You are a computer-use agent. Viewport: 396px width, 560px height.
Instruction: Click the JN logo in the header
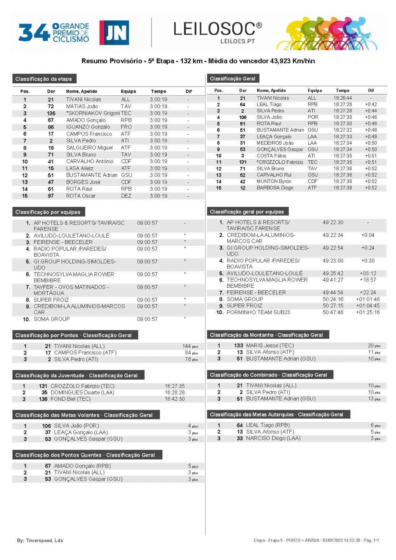click(114, 33)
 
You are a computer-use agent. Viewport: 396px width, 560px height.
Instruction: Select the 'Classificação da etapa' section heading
click(44, 79)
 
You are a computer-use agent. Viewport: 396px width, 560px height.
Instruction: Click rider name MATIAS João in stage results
click(82, 106)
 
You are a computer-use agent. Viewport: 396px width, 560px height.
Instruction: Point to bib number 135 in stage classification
click(51, 113)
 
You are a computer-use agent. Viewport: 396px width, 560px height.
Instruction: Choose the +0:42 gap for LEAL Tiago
click(370, 104)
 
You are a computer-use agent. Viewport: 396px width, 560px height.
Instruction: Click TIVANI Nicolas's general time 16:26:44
click(342, 98)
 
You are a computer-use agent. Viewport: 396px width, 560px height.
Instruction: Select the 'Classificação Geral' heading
click(233, 78)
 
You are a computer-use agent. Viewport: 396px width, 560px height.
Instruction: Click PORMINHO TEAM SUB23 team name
click(258, 312)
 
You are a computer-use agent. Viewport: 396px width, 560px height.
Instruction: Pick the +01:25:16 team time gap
click(368, 312)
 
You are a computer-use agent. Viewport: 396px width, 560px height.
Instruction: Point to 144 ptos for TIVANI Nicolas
click(190, 346)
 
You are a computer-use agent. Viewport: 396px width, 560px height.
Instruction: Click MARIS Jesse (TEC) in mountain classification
click(270, 345)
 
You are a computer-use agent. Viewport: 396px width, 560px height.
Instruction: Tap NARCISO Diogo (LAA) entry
click(273, 438)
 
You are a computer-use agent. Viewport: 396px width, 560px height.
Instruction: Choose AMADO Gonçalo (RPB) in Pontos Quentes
click(82, 466)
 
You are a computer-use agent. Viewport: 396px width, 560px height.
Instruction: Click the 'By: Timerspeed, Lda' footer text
click(40, 540)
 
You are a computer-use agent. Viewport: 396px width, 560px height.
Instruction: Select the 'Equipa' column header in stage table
click(128, 91)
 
